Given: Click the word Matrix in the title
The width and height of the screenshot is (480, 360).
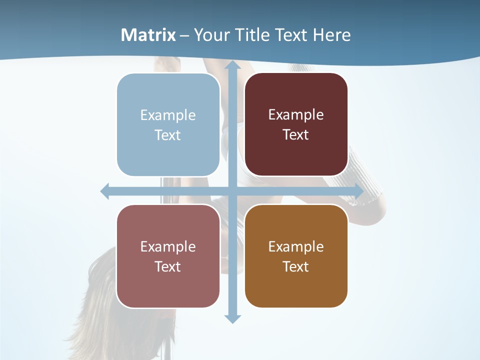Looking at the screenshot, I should point(148,35).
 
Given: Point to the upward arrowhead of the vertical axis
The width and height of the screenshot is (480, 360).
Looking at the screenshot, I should point(232,66).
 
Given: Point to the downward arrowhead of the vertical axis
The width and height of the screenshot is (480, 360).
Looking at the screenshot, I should point(232,318).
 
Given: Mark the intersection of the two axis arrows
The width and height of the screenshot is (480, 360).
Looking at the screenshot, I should point(232,191).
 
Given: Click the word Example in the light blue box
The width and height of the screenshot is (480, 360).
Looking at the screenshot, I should point(168,115).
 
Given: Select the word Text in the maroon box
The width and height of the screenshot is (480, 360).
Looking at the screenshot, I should point(296,135).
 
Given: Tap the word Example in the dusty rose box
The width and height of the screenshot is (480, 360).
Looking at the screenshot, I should point(168,246).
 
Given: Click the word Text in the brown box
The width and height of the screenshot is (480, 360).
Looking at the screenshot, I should point(296,266).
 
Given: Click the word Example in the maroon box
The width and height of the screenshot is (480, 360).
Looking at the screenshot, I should point(296,114).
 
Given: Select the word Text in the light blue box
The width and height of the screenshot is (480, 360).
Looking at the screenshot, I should point(168,135).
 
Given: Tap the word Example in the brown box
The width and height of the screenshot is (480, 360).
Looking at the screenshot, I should point(296,246).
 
